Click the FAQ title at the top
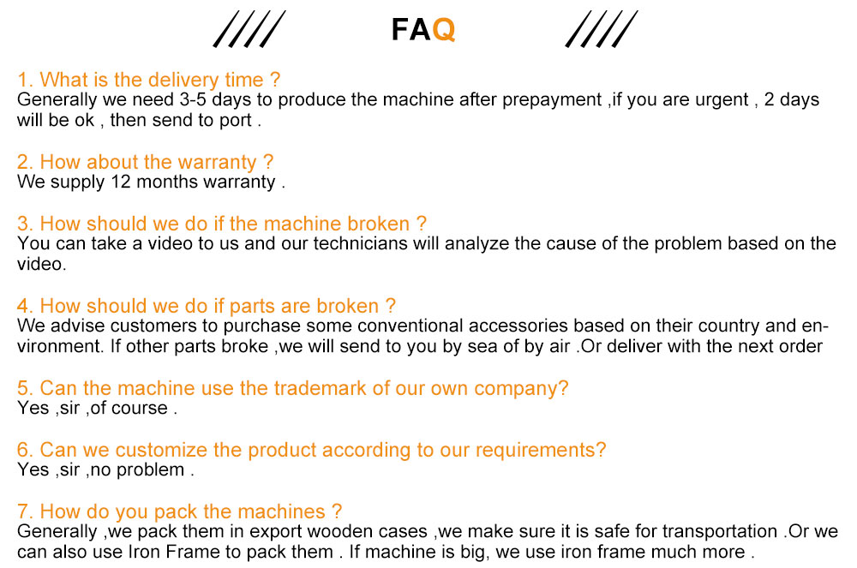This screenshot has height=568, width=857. tap(423, 29)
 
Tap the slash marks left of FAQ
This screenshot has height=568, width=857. tap(249, 29)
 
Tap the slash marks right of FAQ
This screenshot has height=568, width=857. tap(602, 29)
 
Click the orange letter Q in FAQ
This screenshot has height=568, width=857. tap(443, 30)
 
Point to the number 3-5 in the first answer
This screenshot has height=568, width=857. tap(192, 99)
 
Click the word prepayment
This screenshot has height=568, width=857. tap(551, 100)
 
